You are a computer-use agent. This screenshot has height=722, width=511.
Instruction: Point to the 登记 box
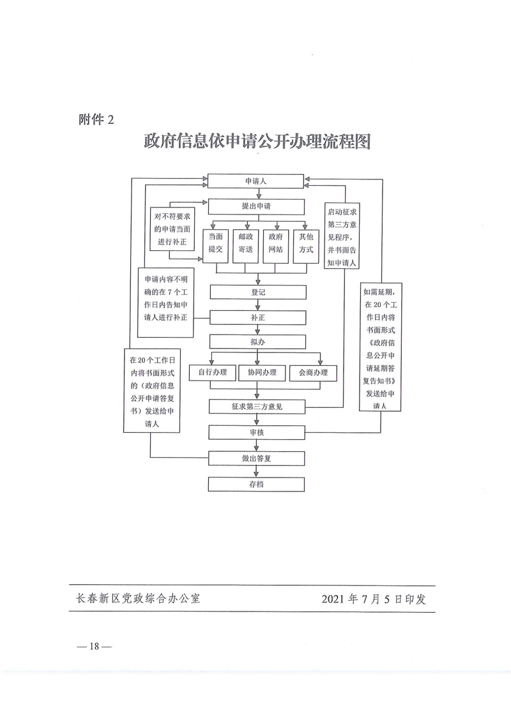tap(256, 292)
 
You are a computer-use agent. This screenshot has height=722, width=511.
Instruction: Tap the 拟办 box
tap(256, 342)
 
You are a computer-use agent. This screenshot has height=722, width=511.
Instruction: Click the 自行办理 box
tap(213, 372)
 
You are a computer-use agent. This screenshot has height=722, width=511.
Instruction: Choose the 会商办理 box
tap(312, 372)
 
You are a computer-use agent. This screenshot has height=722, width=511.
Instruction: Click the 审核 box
tap(256, 433)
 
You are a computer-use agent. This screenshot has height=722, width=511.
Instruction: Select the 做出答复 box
tap(256, 458)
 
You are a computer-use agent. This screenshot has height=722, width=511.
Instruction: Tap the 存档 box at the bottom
tap(256, 485)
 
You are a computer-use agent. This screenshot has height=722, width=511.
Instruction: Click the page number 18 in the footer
tap(94, 646)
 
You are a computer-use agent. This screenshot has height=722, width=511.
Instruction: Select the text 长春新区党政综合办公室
tap(139, 599)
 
